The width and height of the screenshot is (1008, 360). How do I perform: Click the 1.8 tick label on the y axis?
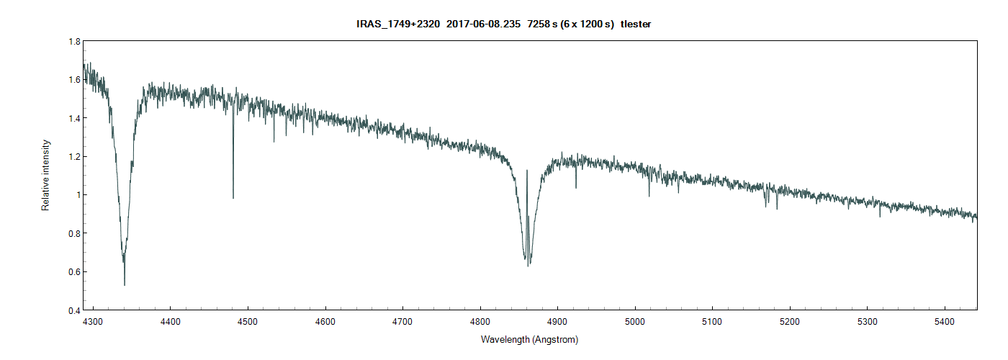[74, 42]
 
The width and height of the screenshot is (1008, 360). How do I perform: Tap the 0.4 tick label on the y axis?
[74, 310]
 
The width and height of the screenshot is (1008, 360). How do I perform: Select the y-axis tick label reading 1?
[77, 195]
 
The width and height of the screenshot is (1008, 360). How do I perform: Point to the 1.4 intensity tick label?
[74, 118]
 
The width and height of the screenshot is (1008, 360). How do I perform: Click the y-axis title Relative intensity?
[45, 175]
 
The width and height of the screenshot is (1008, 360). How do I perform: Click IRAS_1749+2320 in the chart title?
[398, 24]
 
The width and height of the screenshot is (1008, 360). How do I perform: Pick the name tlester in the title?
[636, 24]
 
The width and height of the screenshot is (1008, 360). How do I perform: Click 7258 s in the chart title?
[542, 24]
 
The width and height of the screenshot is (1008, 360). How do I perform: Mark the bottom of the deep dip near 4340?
[125, 284]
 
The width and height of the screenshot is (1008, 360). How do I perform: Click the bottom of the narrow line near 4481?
[233, 197]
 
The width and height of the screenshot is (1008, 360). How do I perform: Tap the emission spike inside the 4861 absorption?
[527, 171]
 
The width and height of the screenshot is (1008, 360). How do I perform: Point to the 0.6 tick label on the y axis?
[74, 272]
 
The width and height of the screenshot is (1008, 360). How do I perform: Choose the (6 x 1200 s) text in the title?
[587, 24]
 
